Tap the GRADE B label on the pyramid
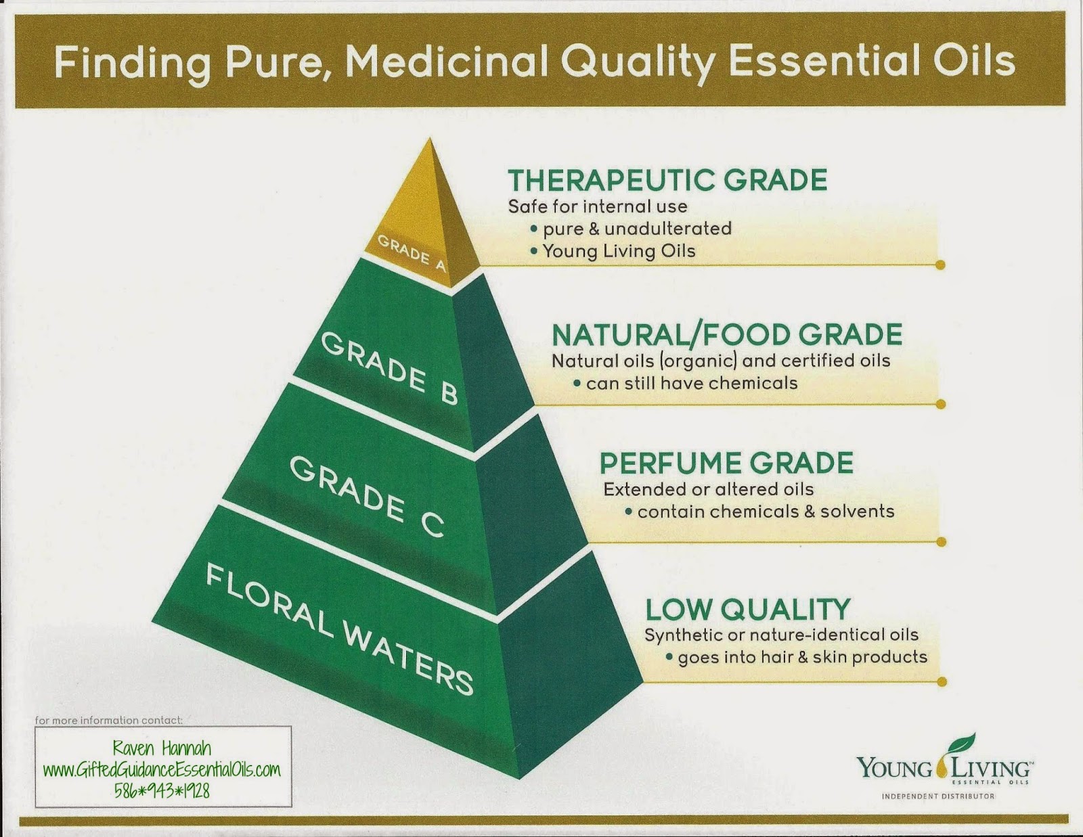(x=389, y=369)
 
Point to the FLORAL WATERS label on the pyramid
(x=338, y=629)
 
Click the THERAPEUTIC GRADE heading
(x=667, y=180)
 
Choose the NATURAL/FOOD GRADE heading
(x=727, y=335)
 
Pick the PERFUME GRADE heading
(x=726, y=463)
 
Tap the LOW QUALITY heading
(x=747, y=610)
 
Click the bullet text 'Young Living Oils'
(x=619, y=251)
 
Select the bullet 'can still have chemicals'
(x=692, y=383)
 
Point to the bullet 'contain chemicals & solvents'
(x=766, y=511)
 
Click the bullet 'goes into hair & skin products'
(x=802, y=657)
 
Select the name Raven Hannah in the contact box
(x=162, y=748)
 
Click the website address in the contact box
(x=162, y=770)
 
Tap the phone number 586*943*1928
(x=162, y=790)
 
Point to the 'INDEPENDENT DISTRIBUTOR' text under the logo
(x=937, y=796)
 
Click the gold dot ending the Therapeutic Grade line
(x=940, y=265)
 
